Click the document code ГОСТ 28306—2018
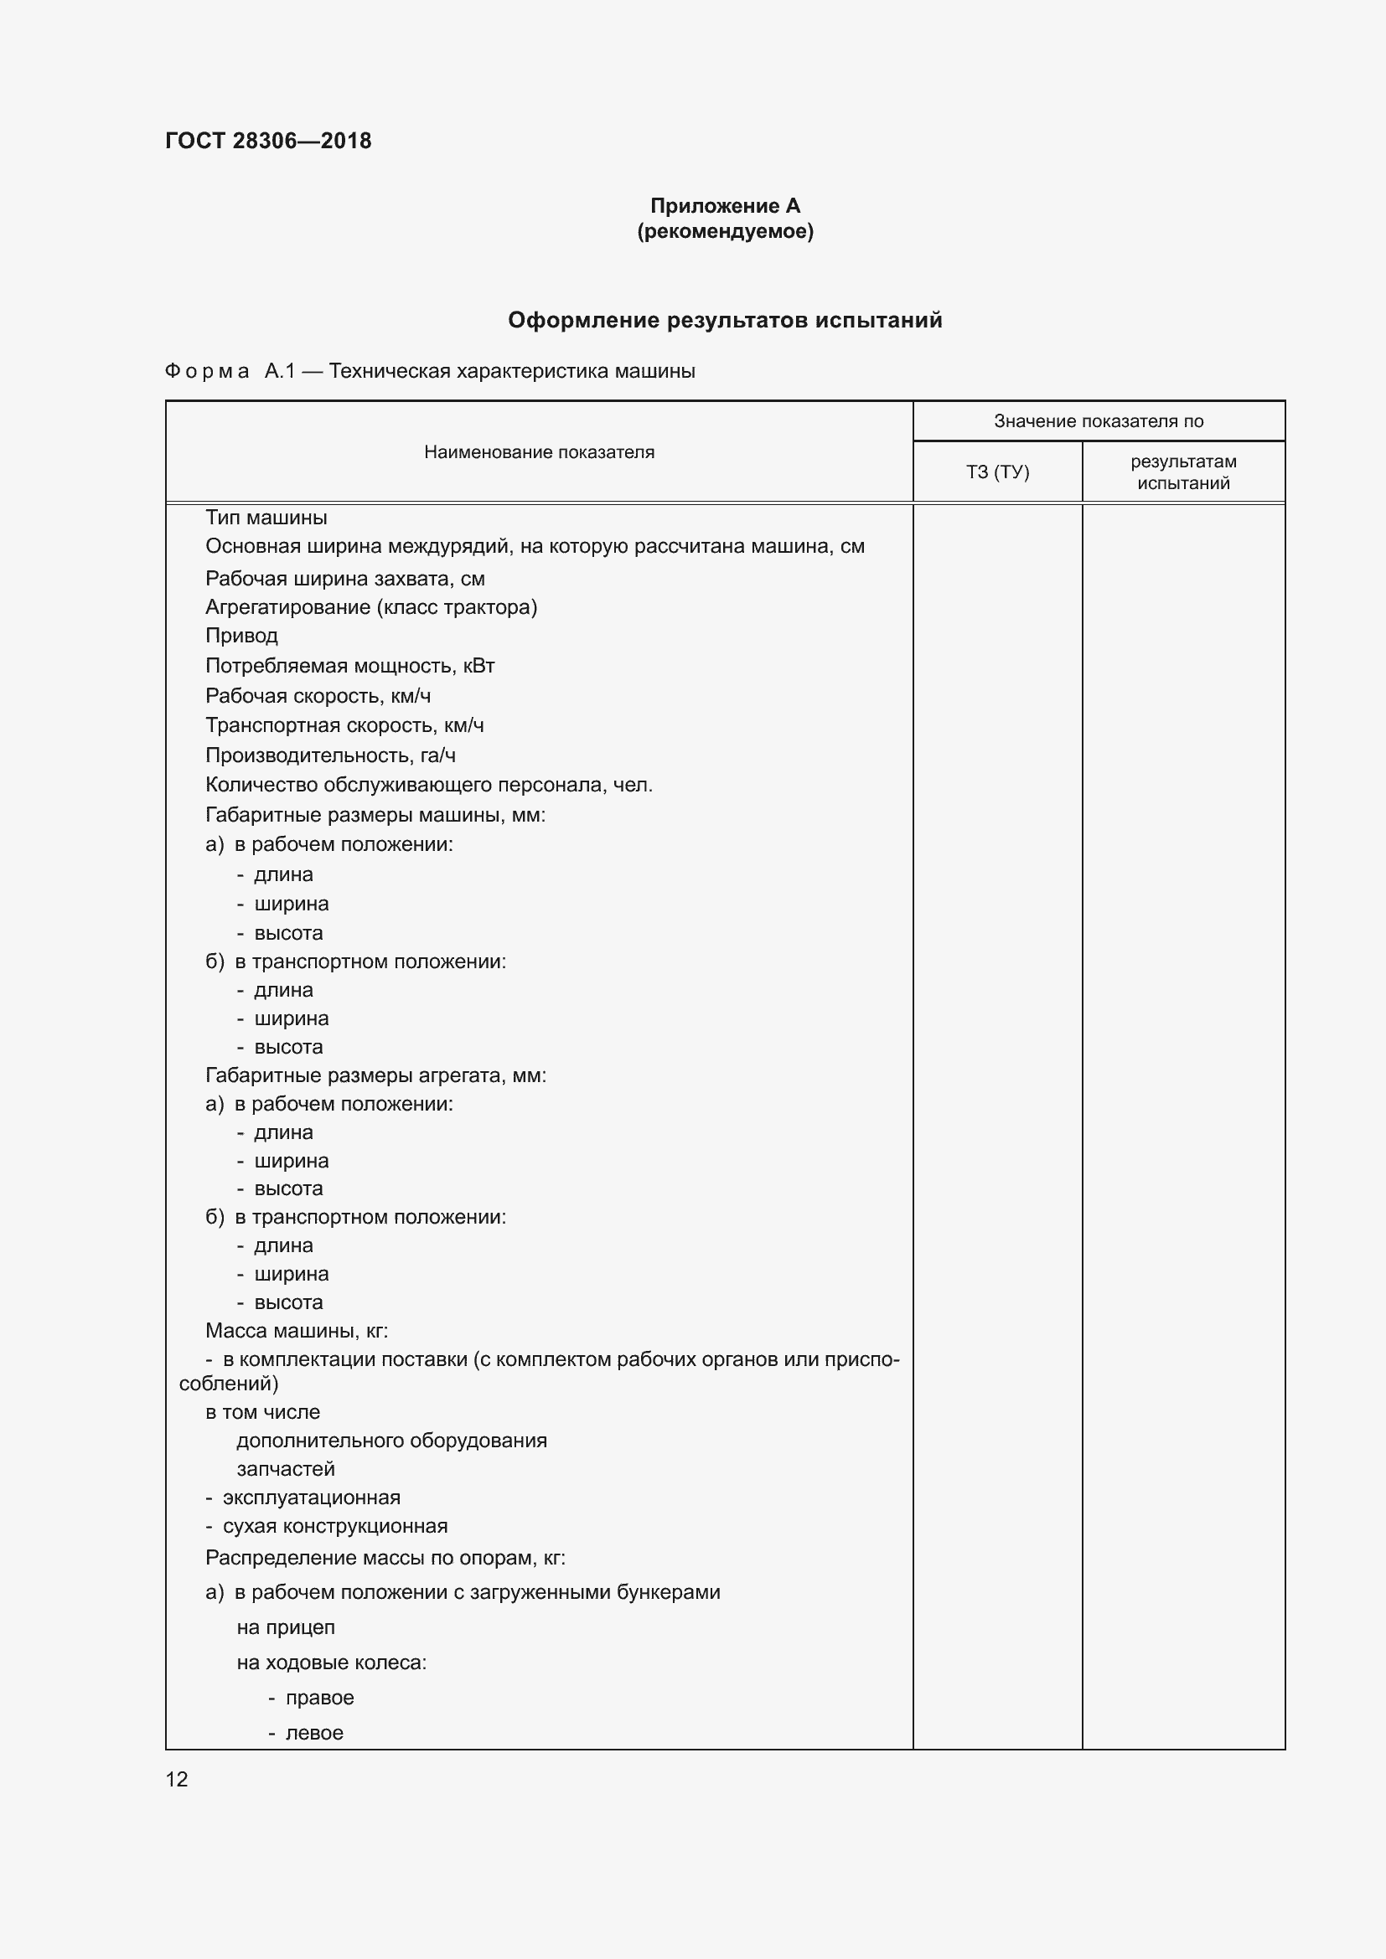[268, 141]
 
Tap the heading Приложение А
[725, 206]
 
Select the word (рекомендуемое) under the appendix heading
[725, 231]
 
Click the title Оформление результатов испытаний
[725, 320]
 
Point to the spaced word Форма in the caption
[206, 371]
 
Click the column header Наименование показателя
[539, 452]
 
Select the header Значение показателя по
[1099, 420]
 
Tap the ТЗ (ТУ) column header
[997, 472]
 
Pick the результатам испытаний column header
[1183, 472]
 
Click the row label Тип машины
[266, 518]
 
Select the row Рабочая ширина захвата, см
[344, 579]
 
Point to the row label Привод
[241, 636]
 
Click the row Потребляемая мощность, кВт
[350, 666]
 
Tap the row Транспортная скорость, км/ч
[344, 725]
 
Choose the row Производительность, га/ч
[330, 755]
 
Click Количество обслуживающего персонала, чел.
[428, 785]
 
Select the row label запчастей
[286, 1469]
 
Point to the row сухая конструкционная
[334, 1527]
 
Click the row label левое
[314, 1733]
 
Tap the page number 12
[177, 1779]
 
